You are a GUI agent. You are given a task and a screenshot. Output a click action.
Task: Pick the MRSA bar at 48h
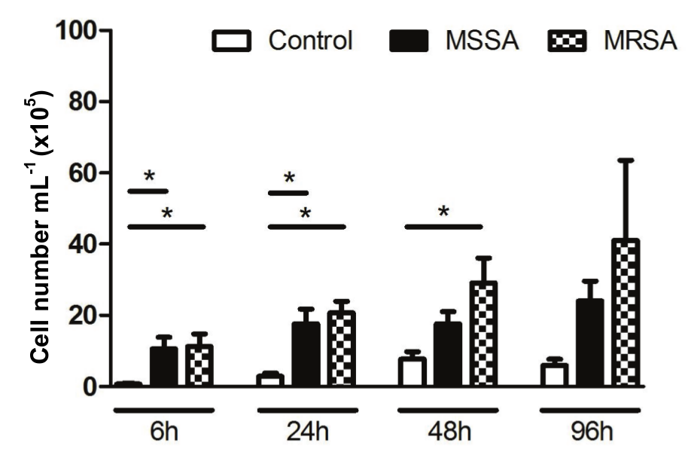[x=483, y=334]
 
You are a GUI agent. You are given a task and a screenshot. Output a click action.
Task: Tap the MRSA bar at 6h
[x=199, y=366]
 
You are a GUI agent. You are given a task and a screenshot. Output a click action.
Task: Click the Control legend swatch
[x=233, y=41]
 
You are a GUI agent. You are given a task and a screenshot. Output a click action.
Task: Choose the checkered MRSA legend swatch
[x=566, y=41]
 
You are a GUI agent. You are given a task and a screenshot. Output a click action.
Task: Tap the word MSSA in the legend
[x=482, y=41]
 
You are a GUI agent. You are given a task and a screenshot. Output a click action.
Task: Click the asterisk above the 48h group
[x=443, y=212]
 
